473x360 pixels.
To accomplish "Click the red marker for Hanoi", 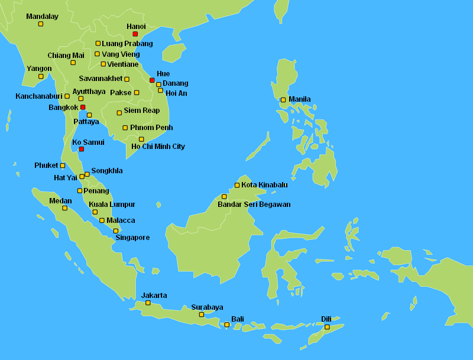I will click(135, 34).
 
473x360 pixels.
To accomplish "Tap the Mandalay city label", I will click(43, 17).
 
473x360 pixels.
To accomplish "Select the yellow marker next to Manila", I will click(283, 99).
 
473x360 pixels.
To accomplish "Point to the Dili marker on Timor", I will click(327, 327).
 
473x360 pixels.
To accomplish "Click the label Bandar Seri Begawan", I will click(254, 205).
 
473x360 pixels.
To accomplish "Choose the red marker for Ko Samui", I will click(82, 149).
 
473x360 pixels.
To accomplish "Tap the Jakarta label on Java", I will click(154, 295).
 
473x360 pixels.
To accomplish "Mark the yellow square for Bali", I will click(226, 325).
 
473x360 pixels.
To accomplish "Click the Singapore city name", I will click(132, 238).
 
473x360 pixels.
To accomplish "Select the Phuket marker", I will click(63, 166).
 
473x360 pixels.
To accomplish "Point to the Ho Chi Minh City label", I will click(158, 147).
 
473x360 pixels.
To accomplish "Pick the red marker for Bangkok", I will click(83, 108).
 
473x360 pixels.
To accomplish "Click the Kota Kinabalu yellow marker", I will click(237, 185).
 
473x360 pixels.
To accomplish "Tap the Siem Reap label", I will click(141, 111).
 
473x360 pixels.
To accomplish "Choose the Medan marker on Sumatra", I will click(64, 208).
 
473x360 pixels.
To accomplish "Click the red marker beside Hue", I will click(152, 80).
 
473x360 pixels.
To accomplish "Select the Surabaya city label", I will click(207, 307).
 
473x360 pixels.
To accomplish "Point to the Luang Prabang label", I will click(127, 44).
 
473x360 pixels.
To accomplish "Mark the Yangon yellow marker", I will click(41, 76).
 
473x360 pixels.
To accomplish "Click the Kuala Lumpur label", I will click(112, 205).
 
